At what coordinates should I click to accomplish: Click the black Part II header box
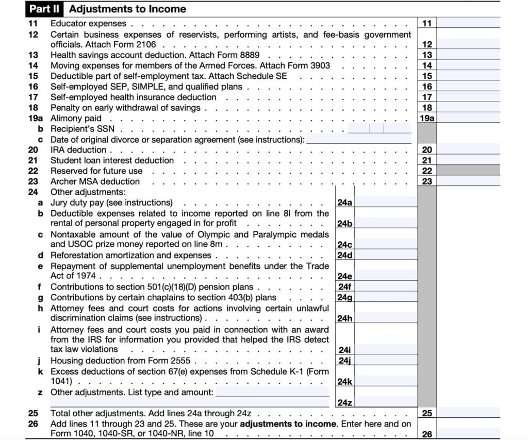click(45, 9)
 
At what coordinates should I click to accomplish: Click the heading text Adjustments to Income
click(127, 9)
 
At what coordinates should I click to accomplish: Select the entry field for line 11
click(468, 23)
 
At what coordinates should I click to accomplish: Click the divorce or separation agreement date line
click(359, 140)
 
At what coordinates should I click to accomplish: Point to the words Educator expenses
click(88, 23)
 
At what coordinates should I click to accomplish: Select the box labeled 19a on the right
click(427, 119)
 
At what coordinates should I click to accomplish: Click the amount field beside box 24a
click(386, 202)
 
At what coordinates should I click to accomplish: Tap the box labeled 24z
click(344, 402)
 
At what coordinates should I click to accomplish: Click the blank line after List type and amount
click(272, 393)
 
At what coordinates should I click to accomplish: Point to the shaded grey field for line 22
click(468, 171)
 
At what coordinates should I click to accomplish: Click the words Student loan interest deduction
click(112, 160)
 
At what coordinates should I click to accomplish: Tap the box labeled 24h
click(344, 318)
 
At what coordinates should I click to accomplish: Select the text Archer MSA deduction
click(95, 181)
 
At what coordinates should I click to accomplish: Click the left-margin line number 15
click(34, 76)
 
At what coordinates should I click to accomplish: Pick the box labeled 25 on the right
click(427, 413)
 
